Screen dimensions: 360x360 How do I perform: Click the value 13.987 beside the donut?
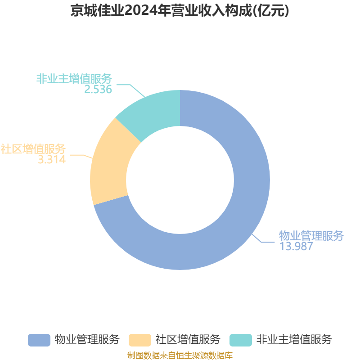tap(296, 246)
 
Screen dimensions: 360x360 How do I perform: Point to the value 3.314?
tap(52, 159)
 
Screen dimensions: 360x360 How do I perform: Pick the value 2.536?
tap(98, 89)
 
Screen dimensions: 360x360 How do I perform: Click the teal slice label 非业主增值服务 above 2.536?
tap(74, 79)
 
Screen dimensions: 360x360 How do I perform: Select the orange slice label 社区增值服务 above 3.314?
tap(33, 149)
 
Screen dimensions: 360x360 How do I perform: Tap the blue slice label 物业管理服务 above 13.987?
tap(311, 236)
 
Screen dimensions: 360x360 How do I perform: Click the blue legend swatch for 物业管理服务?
tap(39, 340)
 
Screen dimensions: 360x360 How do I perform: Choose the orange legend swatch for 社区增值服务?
tap(140, 340)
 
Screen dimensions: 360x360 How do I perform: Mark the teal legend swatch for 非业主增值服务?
tap(241, 340)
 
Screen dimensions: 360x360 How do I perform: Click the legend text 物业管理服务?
tap(87, 339)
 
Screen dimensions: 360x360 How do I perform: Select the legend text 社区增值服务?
tap(188, 339)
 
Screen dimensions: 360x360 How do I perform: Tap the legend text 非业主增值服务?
tap(294, 339)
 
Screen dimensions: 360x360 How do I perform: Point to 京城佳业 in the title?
tap(97, 10)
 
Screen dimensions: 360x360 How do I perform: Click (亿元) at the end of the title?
tap(271, 10)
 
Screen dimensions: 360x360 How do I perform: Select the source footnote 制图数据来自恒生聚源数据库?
tap(180, 355)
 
